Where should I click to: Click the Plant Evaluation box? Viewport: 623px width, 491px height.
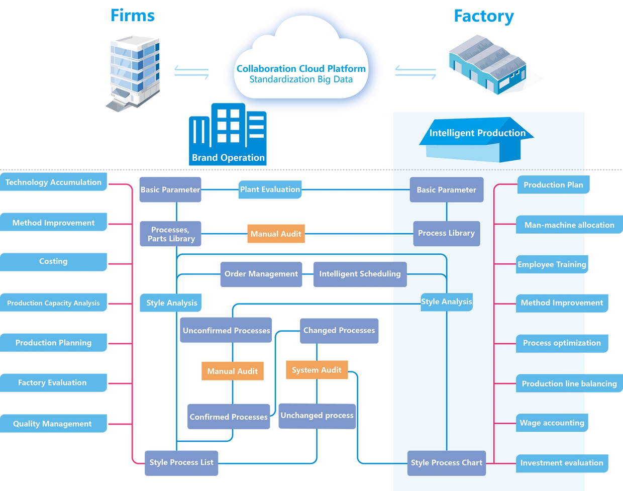(270, 189)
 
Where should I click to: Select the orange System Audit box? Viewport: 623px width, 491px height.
(317, 370)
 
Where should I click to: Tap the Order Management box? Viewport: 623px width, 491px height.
(261, 274)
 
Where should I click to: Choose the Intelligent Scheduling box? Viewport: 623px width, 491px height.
(360, 274)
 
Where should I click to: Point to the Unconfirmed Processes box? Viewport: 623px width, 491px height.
(226, 330)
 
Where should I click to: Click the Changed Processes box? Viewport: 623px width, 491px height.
(339, 330)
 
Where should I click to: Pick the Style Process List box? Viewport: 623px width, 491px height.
(181, 462)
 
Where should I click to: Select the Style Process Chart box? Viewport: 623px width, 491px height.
(446, 463)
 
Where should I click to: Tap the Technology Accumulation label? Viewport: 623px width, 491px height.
(54, 182)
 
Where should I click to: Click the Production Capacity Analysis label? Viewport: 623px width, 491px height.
(54, 303)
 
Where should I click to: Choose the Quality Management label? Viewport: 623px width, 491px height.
(53, 424)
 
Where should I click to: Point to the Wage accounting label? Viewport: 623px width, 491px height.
(552, 423)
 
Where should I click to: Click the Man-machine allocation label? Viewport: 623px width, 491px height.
(569, 225)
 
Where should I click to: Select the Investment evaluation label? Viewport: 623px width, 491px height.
(562, 463)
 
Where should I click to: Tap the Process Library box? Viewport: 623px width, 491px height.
(446, 233)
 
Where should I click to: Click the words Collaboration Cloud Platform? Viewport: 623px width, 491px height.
(301, 69)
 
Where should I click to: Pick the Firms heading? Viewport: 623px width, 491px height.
(133, 16)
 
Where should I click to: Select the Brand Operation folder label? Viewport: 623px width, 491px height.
(228, 157)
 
